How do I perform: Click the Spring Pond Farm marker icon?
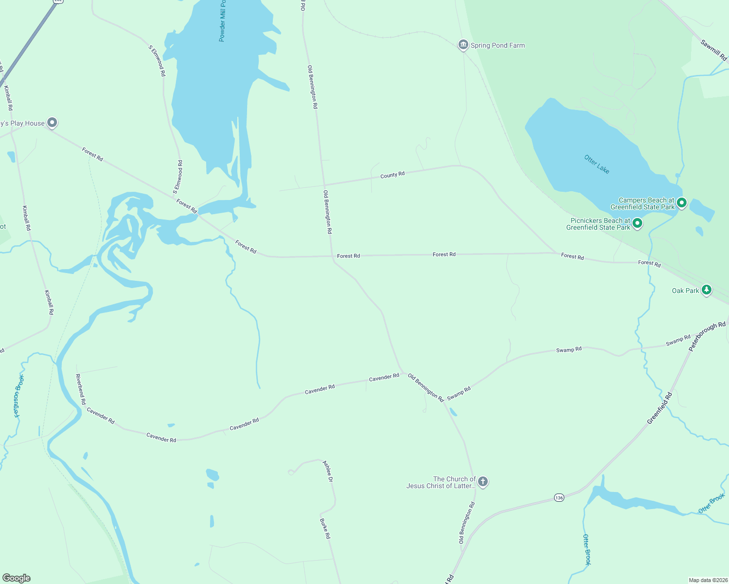coord(463,45)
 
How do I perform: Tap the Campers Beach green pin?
coord(682,202)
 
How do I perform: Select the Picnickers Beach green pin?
coord(637,223)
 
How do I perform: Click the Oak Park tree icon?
coord(706,290)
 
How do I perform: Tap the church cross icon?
coord(482,481)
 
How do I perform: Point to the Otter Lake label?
coord(597,164)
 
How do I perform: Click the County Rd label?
coord(392,175)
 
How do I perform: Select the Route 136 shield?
coord(559,497)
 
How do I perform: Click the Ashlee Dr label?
coord(327,471)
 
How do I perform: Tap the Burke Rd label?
coord(325,529)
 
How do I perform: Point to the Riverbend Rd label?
coord(80,389)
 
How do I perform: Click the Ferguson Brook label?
coord(18,396)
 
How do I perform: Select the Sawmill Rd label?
coord(714,50)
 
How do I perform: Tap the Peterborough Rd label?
coord(707,336)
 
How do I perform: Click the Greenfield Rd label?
coord(659,408)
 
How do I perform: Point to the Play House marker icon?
coord(52,123)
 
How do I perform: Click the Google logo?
coord(16,578)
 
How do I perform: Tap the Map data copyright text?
coord(708,580)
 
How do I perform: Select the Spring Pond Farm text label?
coord(498,45)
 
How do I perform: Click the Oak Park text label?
coord(685,291)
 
